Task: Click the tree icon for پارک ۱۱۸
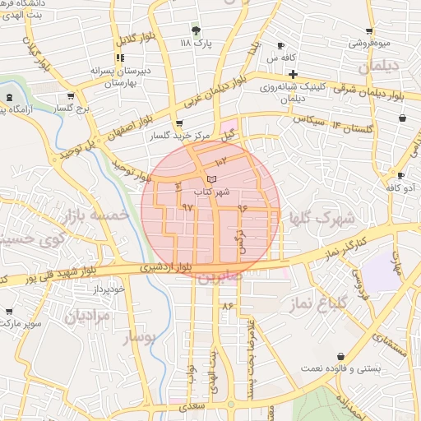pos(195,30)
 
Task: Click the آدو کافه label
pos(400,188)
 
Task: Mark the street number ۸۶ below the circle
pos(228,306)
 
